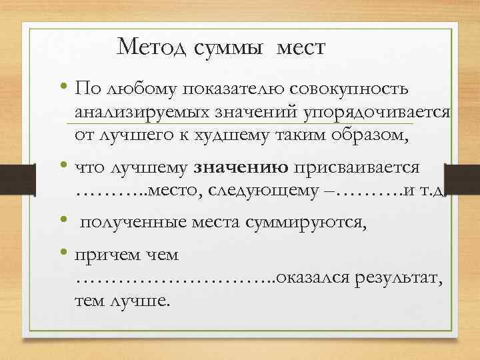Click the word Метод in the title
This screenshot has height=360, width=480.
[153, 47]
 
